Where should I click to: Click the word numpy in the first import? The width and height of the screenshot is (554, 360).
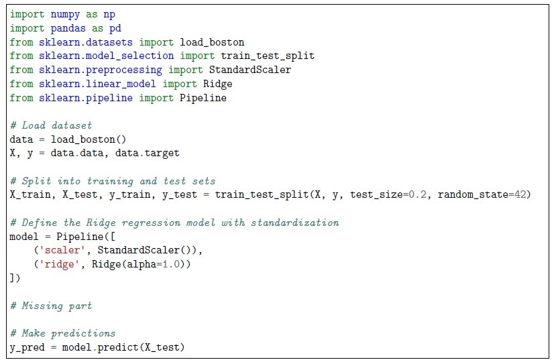click(x=65, y=15)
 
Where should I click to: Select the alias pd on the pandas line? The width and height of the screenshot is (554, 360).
click(x=115, y=29)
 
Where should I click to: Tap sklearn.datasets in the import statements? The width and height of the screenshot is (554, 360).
click(x=85, y=42)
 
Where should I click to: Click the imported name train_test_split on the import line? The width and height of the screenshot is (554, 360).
click(x=268, y=56)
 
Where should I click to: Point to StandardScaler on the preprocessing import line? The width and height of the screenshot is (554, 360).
click(x=250, y=70)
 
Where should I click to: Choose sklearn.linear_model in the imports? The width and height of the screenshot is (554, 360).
click(x=97, y=84)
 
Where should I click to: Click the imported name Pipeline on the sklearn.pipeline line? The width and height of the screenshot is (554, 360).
click(x=203, y=98)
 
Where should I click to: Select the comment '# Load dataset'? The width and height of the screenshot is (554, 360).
click(x=51, y=125)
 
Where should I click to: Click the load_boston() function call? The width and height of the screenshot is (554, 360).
click(x=89, y=139)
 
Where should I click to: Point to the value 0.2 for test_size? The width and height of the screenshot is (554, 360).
click(x=417, y=194)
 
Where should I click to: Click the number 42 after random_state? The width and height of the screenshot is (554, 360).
click(x=520, y=194)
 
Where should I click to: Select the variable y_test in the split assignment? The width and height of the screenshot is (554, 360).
click(x=180, y=195)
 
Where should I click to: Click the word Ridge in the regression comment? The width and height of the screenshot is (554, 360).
click(x=101, y=223)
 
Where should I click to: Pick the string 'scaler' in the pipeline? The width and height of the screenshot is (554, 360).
click(x=62, y=251)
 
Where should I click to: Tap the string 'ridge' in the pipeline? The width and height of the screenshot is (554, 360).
click(x=59, y=264)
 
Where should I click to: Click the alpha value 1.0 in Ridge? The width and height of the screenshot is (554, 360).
click(x=171, y=264)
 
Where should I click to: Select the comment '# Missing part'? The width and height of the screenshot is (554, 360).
click(x=51, y=306)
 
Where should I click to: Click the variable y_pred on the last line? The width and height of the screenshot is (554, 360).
click(x=27, y=348)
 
